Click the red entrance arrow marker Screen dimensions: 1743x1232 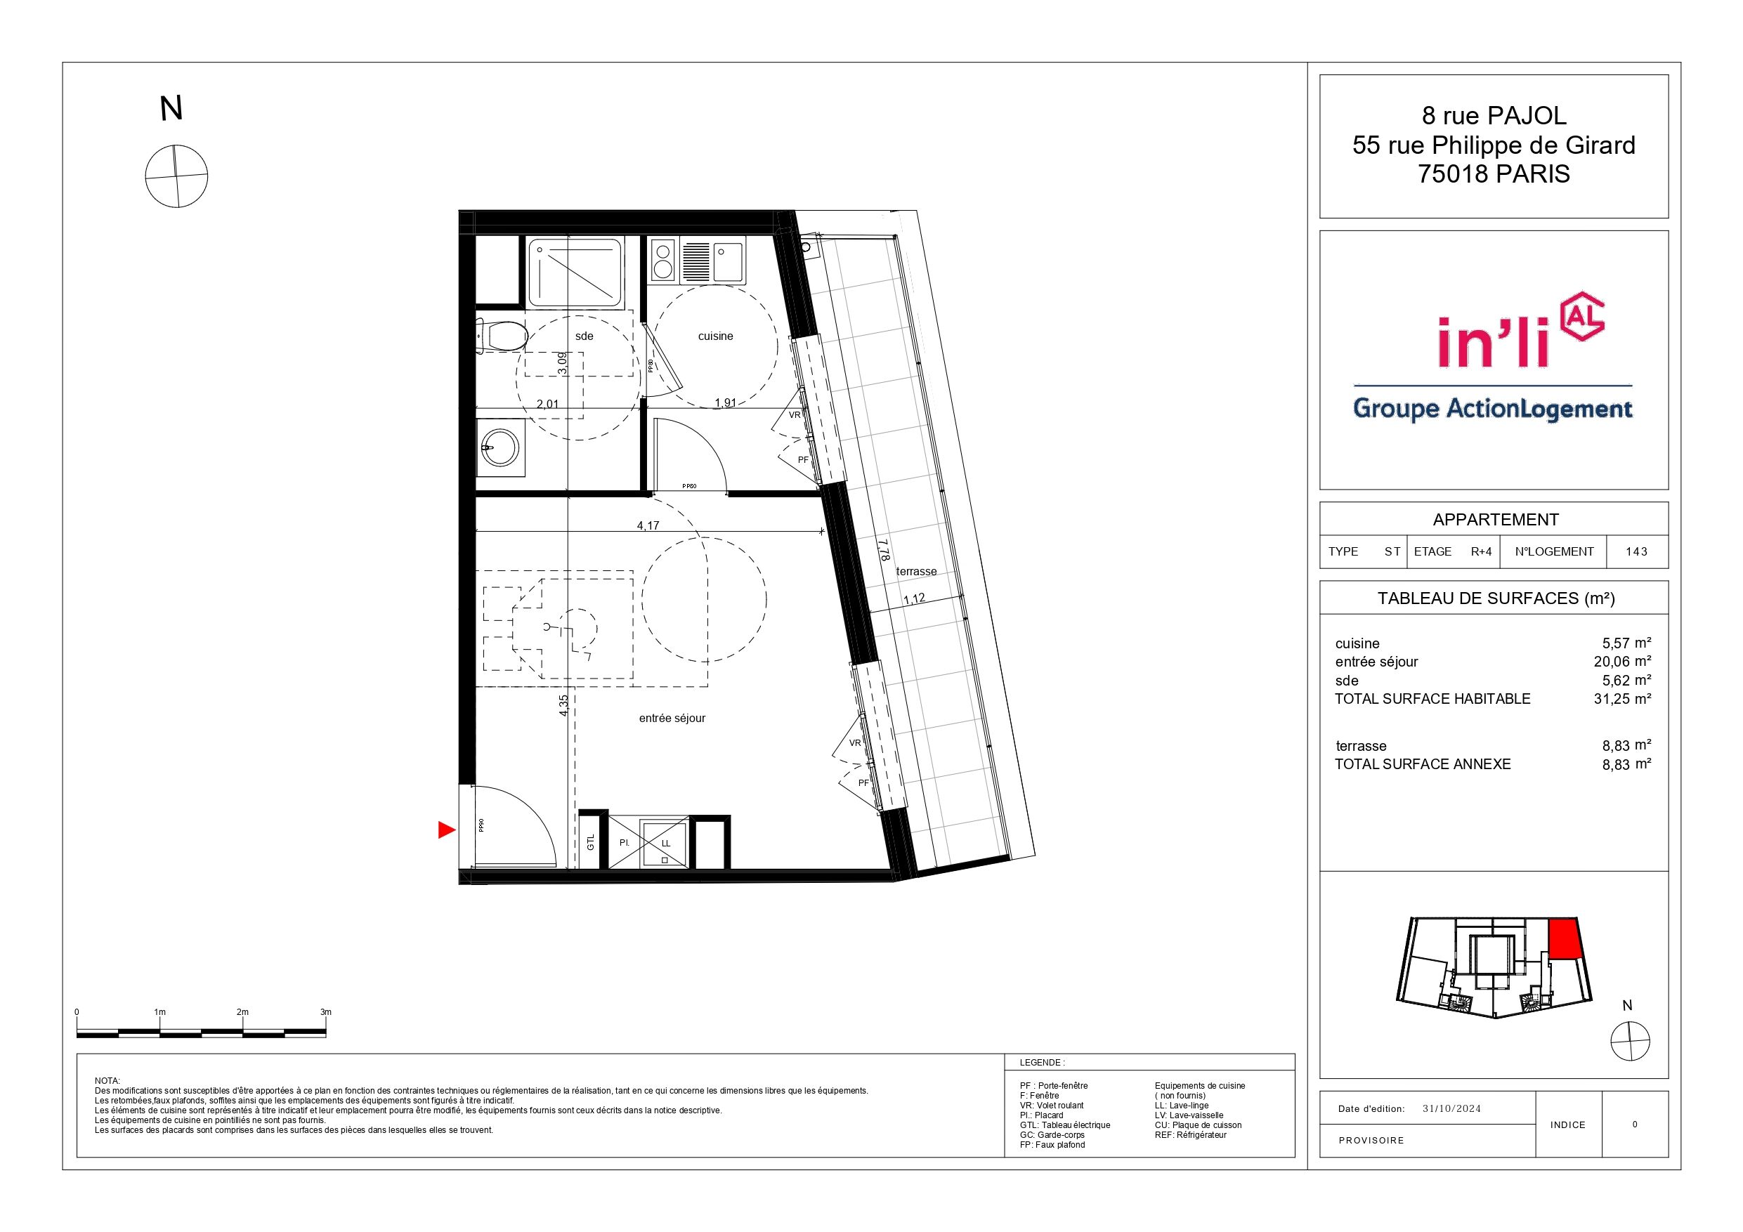(x=446, y=830)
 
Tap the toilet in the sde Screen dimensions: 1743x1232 (x=502, y=336)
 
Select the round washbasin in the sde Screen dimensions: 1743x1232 (x=500, y=448)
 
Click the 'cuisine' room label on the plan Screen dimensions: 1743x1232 (x=715, y=336)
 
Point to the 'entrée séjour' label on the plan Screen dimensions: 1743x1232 (x=672, y=718)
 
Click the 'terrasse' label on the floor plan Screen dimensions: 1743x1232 (x=916, y=572)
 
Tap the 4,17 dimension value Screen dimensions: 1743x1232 (x=648, y=525)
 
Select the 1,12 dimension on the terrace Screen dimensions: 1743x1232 (x=914, y=599)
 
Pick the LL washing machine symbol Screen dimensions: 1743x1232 (x=665, y=844)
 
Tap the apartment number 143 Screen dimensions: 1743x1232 (x=1637, y=552)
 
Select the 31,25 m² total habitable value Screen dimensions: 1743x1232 (x=1622, y=698)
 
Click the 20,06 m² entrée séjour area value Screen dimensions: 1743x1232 (x=1622, y=661)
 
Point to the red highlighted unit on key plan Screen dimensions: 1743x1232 (x=1563, y=939)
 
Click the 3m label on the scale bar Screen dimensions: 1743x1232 (x=326, y=1012)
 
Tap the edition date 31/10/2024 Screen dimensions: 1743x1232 (x=1451, y=1108)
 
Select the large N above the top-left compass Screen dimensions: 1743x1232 (x=171, y=109)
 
